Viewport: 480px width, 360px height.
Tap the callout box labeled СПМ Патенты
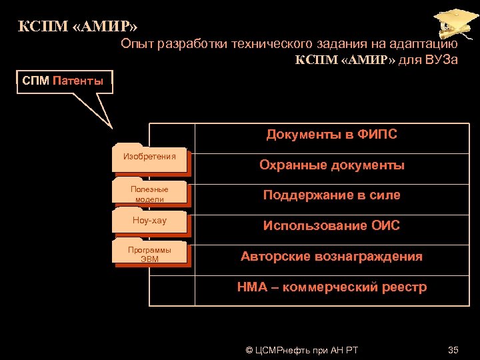[63, 82]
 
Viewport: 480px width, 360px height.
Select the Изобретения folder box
[150, 158]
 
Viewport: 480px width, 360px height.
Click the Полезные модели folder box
[150, 194]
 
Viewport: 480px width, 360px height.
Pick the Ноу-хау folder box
[150, 221]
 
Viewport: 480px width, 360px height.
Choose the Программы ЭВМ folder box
[150, 255]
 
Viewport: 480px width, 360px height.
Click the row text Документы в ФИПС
[331, 135]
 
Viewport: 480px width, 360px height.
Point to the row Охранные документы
[331, 165]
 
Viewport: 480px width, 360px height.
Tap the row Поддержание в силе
[331, 195]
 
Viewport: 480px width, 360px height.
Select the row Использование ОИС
[331, 226]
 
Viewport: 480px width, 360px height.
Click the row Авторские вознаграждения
[331, 257]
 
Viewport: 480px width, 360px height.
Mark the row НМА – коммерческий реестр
[331, 287]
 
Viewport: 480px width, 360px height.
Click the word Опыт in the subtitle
[136, 44]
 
